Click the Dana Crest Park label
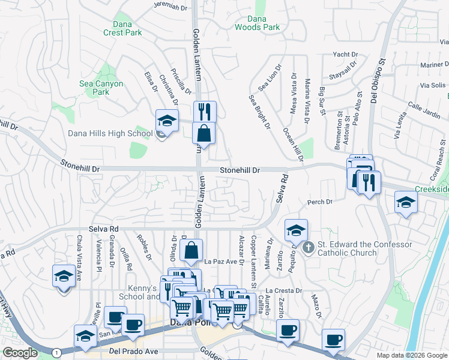[122, 28]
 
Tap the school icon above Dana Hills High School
[167, 119]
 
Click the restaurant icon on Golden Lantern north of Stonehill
[205, 111]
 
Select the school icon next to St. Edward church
[296, 230]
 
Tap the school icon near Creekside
[406, 203]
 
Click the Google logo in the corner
[20, 353]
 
